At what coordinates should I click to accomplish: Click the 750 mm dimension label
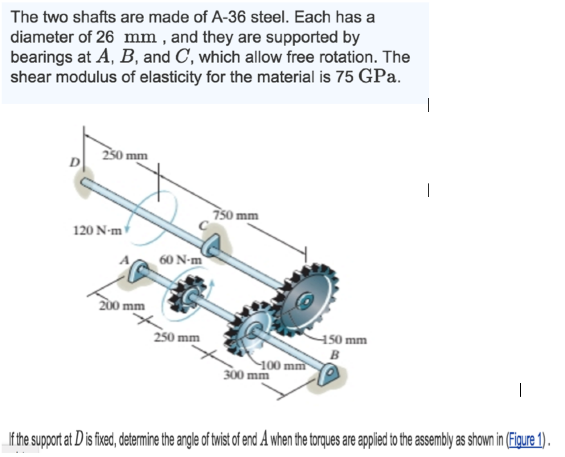[236, 216]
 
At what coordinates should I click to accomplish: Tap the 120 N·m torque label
[98, 231]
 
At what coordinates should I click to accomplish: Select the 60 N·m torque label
[180, 259]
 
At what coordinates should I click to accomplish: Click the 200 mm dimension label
[122, 306]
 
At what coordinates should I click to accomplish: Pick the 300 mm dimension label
[246, 375]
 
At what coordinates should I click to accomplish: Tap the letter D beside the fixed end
[74, 163]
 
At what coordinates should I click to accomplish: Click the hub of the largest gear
[307, 300]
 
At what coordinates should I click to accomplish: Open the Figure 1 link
[527, 440]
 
